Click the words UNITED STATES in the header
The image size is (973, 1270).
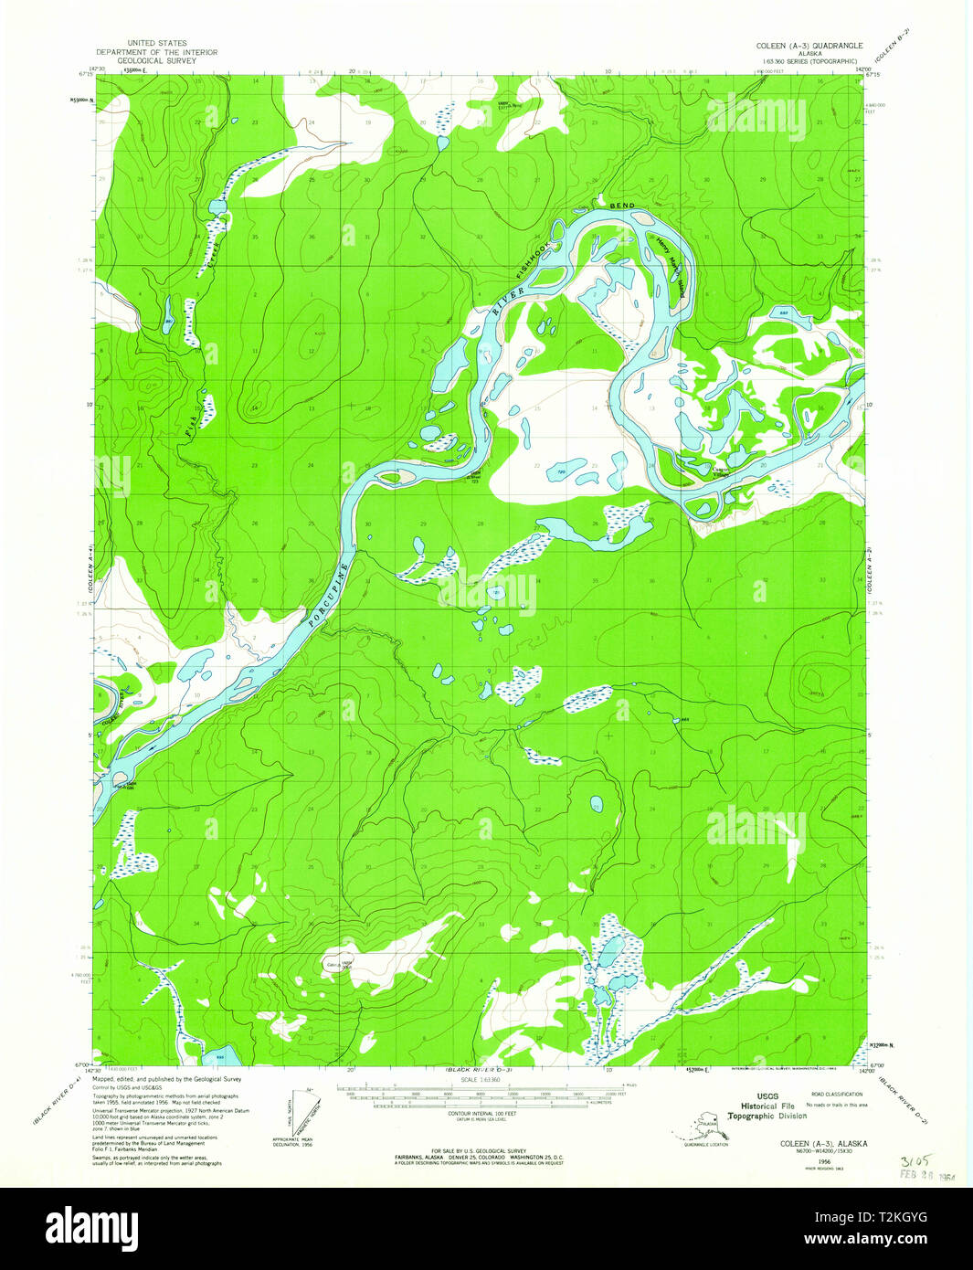(x=156, y=43)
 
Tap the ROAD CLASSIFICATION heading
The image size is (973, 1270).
(x=837, y=1093)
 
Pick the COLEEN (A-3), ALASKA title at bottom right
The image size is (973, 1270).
(x=822, y=1143)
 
